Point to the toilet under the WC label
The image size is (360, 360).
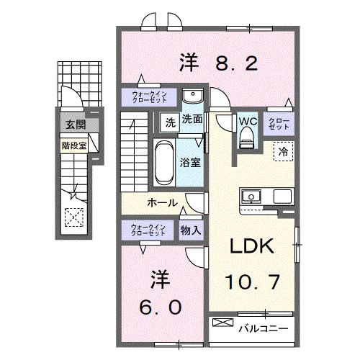pyautogui.click(x=248, y=140)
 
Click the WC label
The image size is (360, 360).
pyautogui.click(x=248, y=121)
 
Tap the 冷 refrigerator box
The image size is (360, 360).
pyautogui.click(x=283, y=152)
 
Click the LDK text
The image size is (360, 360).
pyautogui.click(x=251, y=246)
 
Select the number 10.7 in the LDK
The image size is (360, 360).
pyautogui.click(x=251, y=282)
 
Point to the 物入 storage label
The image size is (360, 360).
pyautogui.click(x=191, y=231)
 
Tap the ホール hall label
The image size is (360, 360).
pyautogui.click(x=163, y=202)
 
